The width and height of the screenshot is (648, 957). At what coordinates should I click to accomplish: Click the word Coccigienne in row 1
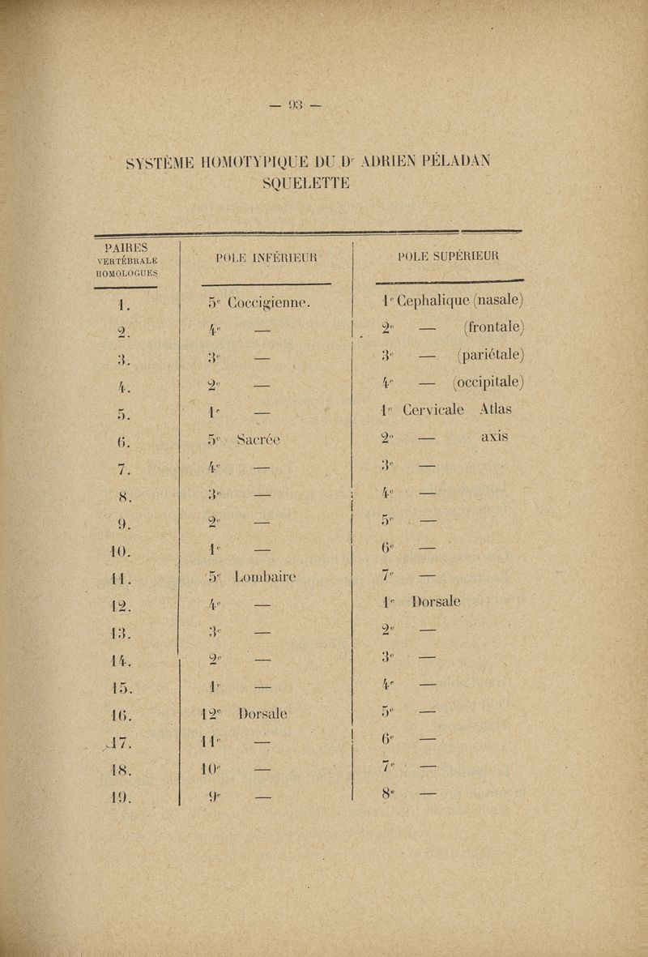(271, 304)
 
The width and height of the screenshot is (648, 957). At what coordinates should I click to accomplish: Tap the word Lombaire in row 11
(266, 577)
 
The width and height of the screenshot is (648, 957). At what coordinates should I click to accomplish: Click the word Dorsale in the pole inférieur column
(264, 715)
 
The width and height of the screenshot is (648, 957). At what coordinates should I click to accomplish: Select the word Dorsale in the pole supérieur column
(436, 602)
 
